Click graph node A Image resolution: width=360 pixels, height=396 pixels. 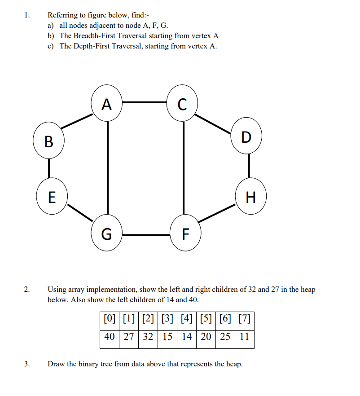pyautogui.click(x=106, y=105)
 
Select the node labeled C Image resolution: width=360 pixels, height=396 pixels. pyautogui.click(x=182, y=105)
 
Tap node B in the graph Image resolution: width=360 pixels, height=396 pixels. pyautogui.click(x=48, y=142)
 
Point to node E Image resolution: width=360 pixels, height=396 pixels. pyautogui.click(x=52, y=197)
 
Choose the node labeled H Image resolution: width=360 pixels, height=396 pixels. pyautogui.click(x=251, y=197)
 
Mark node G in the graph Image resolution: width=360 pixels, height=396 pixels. pyautogui.click(x=106, y=234)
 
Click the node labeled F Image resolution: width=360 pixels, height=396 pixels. pyautogui.click(x=185, y=234)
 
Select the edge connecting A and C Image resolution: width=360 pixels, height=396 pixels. pyautogui.click(x=144, y=102)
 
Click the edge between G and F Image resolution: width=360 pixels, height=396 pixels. pyautogui.click(x=146, y=234)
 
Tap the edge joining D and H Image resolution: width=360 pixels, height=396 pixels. pyautogui.click(x=248, y=167)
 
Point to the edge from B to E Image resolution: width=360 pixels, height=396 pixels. pyautogui.click(x=49, y=169)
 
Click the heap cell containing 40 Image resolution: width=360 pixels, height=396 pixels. pyautogui.click(x=109, y=337)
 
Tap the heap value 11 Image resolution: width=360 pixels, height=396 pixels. pyautogui.click(x=244, y=337)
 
